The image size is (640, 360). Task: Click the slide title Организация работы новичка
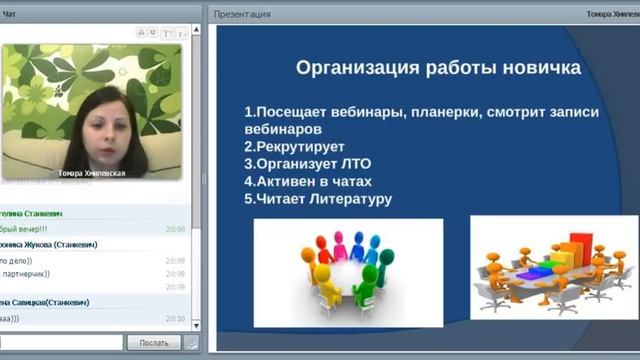pos(439,69)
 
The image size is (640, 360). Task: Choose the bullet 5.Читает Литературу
pos(317,199)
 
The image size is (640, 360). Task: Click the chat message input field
pos(61,343)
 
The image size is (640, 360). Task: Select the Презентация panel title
pos(241,14)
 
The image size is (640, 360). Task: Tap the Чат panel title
pos(9,14)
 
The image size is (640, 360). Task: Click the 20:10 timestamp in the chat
pos(175,318)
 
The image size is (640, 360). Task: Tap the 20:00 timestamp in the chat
pos(175,229)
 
